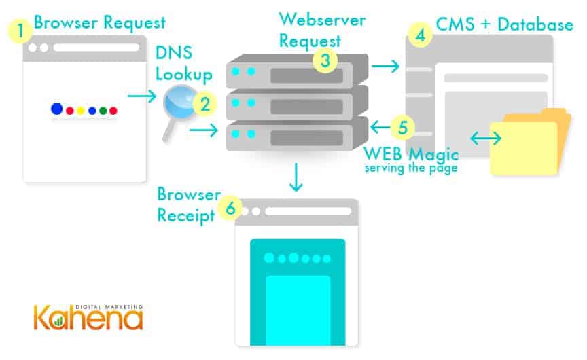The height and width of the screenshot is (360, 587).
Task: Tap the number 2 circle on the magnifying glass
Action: [204, 104]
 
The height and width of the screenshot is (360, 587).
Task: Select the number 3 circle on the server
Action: [326, 60]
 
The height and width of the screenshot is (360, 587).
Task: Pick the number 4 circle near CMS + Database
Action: [421, 34]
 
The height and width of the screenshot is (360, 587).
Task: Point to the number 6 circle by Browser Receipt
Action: [230, 209]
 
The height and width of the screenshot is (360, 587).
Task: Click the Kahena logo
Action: [89, 317]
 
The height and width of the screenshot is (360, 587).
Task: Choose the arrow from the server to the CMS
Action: [386, 66]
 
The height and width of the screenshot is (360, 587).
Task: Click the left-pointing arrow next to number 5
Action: [379, 126]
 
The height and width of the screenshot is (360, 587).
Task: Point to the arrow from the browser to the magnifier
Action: [142, 96]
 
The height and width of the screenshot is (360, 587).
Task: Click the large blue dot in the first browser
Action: [57, 109]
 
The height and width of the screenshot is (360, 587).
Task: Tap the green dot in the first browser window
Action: [103, 110]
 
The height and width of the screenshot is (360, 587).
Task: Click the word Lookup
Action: [182, 73]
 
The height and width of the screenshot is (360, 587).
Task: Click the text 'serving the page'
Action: [410, 167]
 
